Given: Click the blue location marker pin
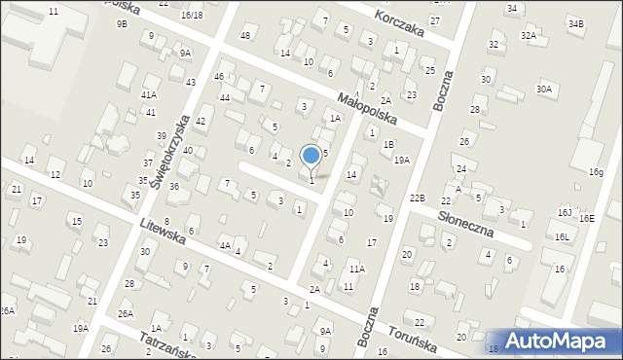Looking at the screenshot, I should (x=311, y=156).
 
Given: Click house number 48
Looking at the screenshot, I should (x=245, y=36).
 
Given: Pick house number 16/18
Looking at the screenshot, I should (x=192, y=15).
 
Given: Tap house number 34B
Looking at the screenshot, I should (x=576, y=22).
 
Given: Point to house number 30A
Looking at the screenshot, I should (x=544, y=90).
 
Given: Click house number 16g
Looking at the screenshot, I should (x=596, y=172).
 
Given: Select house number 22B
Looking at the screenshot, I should (x=418, y=198).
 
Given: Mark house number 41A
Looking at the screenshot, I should (x=148, y=94).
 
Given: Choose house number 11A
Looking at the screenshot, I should (x=357, y=269).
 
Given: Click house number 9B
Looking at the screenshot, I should (x=122, y=22).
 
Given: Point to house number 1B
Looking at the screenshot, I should (x=388, y=144).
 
